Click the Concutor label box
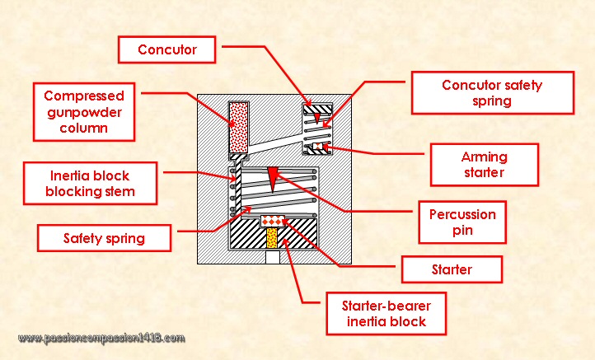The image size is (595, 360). tap(167, 49)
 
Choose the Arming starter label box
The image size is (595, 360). tap(484, 165)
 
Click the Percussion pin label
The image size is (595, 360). tap(463, 222)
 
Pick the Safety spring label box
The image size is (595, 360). tap(104, 239)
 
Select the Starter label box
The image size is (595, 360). tap(451, 269)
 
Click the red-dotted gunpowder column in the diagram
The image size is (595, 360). tap(238, 129)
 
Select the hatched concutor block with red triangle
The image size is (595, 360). tap(316, 110)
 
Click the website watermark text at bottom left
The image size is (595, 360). tap(101, 339)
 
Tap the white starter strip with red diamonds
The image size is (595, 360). tap(272, 221)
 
